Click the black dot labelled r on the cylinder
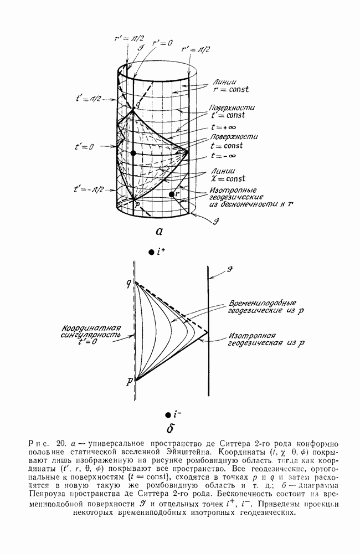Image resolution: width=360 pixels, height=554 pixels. click(172, 194)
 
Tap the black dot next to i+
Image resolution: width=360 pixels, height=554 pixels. click(151, 252)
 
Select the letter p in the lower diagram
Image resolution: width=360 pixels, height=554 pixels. click(128, 382)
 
